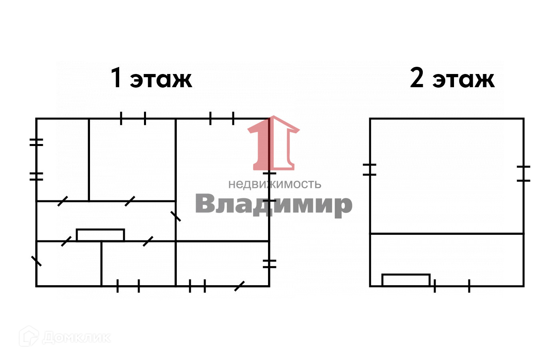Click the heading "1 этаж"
point(151,78)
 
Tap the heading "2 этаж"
point(452,78)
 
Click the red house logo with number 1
point(274,143)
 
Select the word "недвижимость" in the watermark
point(274,184)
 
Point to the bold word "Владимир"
point(274,204)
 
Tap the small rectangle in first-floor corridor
point(100,235)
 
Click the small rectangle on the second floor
point(406,280)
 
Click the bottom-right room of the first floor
point(222,263)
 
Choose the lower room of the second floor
point(446,259)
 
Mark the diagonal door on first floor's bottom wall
point(239,286)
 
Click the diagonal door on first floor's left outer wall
point(36,261)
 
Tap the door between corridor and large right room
point(176,216)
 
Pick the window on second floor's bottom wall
point(452,286)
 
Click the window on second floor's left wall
point(370,170)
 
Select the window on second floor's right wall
point(523,174)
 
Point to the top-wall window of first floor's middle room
point(133,118)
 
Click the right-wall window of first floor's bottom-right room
point(269,264)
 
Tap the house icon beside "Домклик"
point(29,336)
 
